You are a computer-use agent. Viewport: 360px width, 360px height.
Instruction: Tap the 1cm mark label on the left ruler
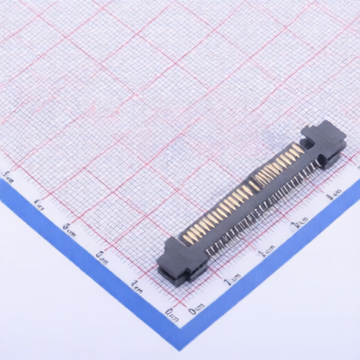pos(136,285)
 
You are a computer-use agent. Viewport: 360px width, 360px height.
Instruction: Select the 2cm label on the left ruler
pos(102,255)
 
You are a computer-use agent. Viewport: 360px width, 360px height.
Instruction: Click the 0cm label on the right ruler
pos(197,307)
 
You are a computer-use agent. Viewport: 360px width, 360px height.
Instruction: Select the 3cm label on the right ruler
pos(300,224)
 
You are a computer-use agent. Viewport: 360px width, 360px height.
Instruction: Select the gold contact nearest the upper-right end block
pos(299,149)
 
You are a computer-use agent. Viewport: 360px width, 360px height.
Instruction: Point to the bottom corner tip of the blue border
pos(180,349)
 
